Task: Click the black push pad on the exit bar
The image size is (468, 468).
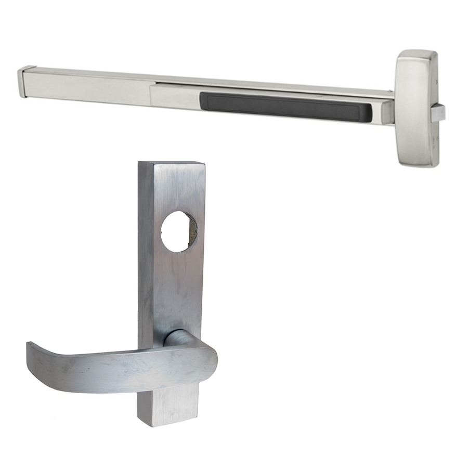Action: [x=286, y=107]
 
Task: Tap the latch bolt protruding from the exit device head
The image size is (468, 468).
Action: [x=438, y=112]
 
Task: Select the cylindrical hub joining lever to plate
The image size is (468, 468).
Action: [x=177, y=338]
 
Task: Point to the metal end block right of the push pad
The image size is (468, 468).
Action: [x=387, y=112]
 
